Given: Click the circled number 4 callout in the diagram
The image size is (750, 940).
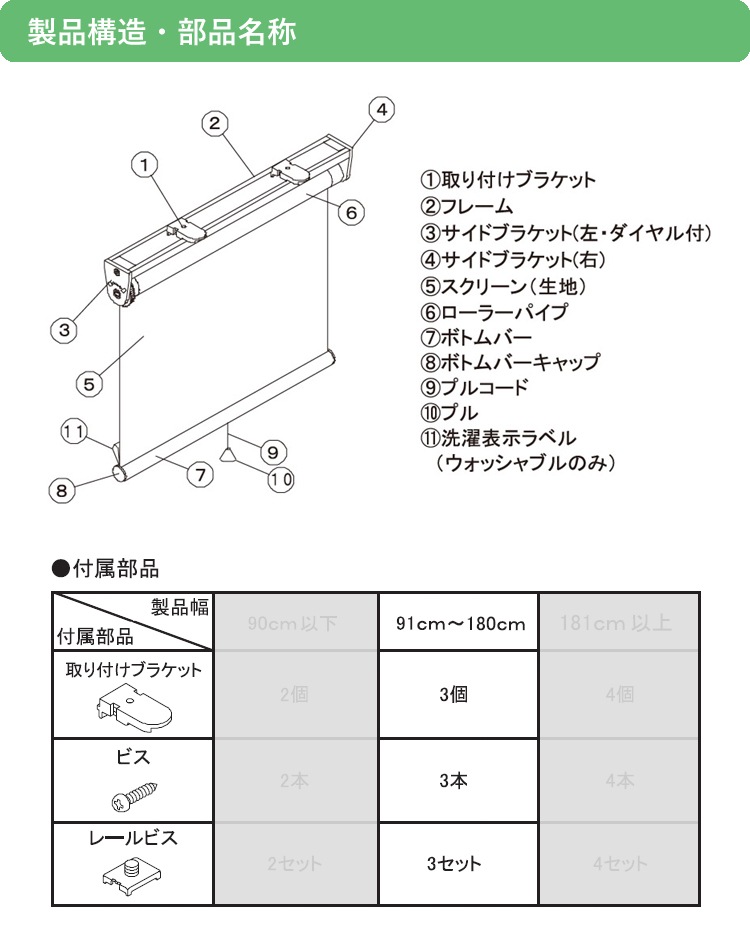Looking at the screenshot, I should click(x=382, y=109).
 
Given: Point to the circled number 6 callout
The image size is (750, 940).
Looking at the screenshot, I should click(x=351, y=212).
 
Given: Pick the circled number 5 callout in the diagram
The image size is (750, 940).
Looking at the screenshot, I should click(x=89, y=383).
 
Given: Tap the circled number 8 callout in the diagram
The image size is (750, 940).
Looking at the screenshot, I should click(x=62, y=490).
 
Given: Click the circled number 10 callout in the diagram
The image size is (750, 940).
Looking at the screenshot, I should click(x=281, y=479).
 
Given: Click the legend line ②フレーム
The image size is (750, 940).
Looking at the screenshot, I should click(x=466, y=207).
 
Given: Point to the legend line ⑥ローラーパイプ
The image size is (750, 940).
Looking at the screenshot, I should click(x=493, y=311).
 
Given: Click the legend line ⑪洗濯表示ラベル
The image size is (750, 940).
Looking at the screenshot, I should click(x=498, y=439).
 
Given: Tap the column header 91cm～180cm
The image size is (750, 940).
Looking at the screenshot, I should click(x=460, y=624).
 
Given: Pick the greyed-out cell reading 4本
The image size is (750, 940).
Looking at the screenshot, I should click(x=619, y=780).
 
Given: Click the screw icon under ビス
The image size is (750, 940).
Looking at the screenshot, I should click(x=132, y=799).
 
